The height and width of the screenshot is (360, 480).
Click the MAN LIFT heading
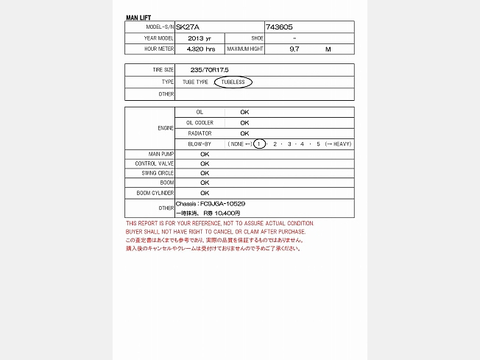(138, 17)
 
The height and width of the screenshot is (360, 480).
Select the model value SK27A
(187, 27)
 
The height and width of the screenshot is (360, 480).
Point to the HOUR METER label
(160, 49)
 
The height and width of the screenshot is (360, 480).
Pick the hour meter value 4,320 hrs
(201, 49)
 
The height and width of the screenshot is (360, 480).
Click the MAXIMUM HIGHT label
(245, 49)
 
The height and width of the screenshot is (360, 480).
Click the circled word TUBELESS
(233, 82)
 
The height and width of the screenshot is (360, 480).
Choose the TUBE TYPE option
(195, 82)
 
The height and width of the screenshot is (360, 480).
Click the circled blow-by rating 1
(259, 144)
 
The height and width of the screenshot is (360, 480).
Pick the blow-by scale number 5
(318, 144)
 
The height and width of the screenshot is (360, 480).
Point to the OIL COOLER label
(200, 123)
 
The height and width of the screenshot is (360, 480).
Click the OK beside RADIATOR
(244, 133)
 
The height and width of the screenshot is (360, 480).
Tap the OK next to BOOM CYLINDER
(205, 193)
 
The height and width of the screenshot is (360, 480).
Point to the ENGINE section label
(166, 128)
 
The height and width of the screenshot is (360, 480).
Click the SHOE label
(257, 38)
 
